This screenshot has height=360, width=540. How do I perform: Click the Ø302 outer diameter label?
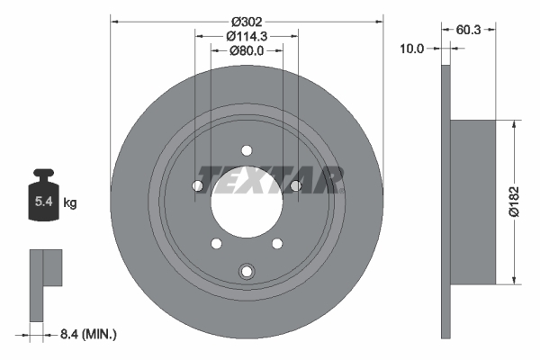(x=246, y=20)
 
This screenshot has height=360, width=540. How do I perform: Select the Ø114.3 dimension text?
(x=246, y=36)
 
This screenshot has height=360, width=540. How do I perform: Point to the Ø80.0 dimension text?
(x=246, y=51)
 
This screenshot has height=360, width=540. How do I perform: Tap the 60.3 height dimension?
(x=468, y=30)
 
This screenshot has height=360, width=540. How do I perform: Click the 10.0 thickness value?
(x=411, y=49)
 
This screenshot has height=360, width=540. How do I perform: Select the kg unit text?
(x=69, y=203)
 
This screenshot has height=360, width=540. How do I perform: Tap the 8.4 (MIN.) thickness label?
(x=86, y=335)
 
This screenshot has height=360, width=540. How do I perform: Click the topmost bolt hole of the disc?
(x=247, y=151)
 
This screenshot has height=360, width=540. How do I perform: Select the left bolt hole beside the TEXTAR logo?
(x=198, y=185)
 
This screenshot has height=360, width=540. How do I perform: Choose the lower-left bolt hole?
(x=216, y=242)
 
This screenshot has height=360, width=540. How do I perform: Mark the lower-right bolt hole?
(x=276, y=242)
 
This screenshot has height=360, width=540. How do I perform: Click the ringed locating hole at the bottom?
(x=247, y=271)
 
